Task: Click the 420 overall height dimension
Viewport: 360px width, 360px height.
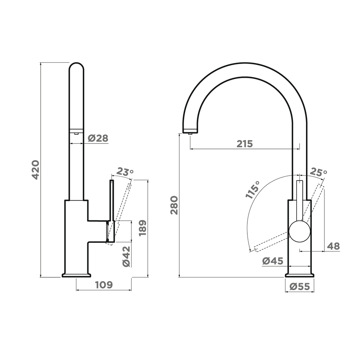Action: pyautogui.click(x=35, y=170)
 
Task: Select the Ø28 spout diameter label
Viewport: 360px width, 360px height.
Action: pyautogui.click(x=98, y=139)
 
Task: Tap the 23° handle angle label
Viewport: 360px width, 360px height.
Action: pyautogui.click(x=125, y=172)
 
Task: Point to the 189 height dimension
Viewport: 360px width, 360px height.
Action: pyautogui.click(x=143, y=228)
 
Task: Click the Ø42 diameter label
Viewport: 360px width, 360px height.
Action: pyautogui.click(x=126, y=256)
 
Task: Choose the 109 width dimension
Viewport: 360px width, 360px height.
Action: pyautogui.click(x=104, y=285)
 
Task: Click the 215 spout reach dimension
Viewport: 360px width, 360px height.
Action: pyautogui.click(x=245, y=144)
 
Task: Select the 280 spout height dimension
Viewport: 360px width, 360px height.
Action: pyautogui.click(x=175, y=205)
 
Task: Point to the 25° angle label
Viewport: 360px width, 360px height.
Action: pyautogui.click(x=319, y=172)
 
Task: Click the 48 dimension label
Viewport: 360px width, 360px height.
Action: pyautogui.click(x=333, y=246)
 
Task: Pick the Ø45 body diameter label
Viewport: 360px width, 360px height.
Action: pyautogui.click(x=273, y=261)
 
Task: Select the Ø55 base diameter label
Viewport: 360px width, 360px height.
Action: pyautogui.click(x=300, y=286)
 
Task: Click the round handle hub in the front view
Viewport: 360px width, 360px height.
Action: pyautogui.click(x=300, y=231)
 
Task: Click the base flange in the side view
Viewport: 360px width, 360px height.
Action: pyautogui.click(x=76, y=275)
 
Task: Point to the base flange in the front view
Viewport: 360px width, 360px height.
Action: pyautogui.click(x=300, y=275)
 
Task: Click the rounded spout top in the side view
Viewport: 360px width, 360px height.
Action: pyautogui.click(x=76, y=66)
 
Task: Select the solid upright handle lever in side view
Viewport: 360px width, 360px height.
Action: pyautogui.click(x=112, y=200)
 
